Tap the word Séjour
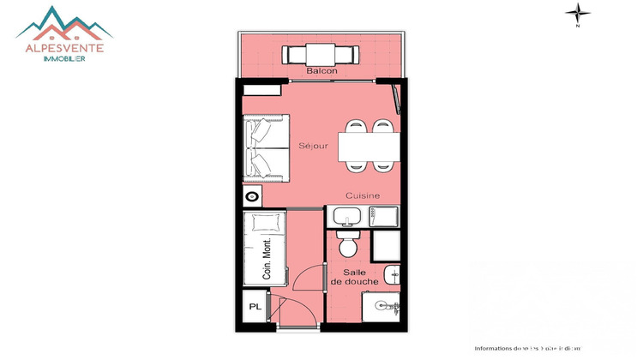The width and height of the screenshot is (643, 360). click(x=314, y=146)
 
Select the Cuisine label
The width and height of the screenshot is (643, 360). click(x=364, y=196)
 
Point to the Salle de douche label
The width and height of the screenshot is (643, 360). click(x=349, y=277)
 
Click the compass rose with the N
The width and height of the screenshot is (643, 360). click(x=580, y=12)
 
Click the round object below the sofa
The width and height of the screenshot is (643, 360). click(x=252, y=196)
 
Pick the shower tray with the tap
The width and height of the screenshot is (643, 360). click(x=382, y=303)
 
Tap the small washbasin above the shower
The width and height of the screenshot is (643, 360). click(x=392, y=275)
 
